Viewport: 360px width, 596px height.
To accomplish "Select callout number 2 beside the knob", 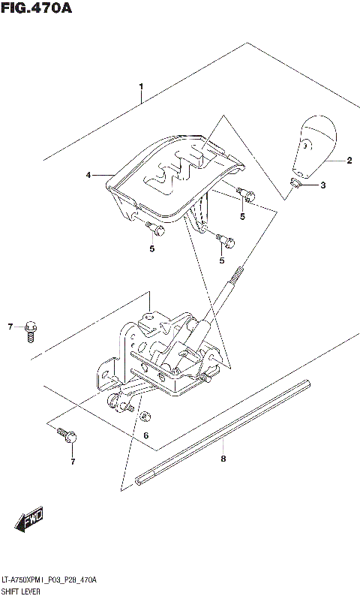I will coord(349,160).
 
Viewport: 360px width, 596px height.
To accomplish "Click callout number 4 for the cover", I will coord(88,175).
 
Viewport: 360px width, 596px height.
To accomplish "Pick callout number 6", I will coord(146,435).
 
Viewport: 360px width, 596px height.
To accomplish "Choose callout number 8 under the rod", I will coord(223,458).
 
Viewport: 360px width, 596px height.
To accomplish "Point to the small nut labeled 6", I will coord(145,416).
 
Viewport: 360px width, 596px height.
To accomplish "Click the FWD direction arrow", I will coord(28,519).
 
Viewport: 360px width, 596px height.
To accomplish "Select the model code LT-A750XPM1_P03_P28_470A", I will coord(49,580).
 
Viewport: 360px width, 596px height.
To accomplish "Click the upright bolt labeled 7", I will coord(31,330).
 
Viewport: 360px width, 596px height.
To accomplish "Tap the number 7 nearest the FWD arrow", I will coord(73,461).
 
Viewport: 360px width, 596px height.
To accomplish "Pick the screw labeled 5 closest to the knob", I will coord(245,194).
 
